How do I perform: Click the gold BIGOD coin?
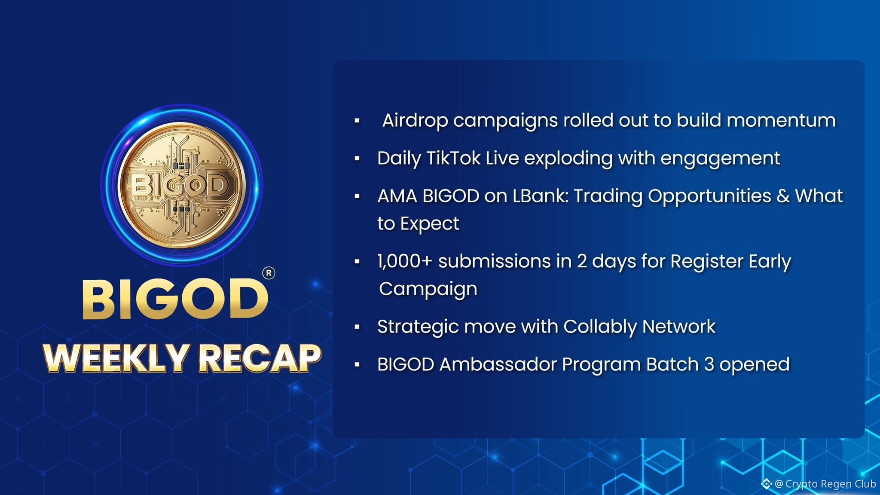click(181, 185)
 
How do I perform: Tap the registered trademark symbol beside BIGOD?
click(269, 273)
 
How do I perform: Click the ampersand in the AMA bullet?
click(783, 196)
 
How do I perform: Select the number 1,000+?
click(404, 261)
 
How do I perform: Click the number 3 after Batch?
click(709, 364)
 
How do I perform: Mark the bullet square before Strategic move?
click(357, 327)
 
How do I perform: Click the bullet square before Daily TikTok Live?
click(357, 159)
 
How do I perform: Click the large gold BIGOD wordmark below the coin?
click(175, 299)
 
